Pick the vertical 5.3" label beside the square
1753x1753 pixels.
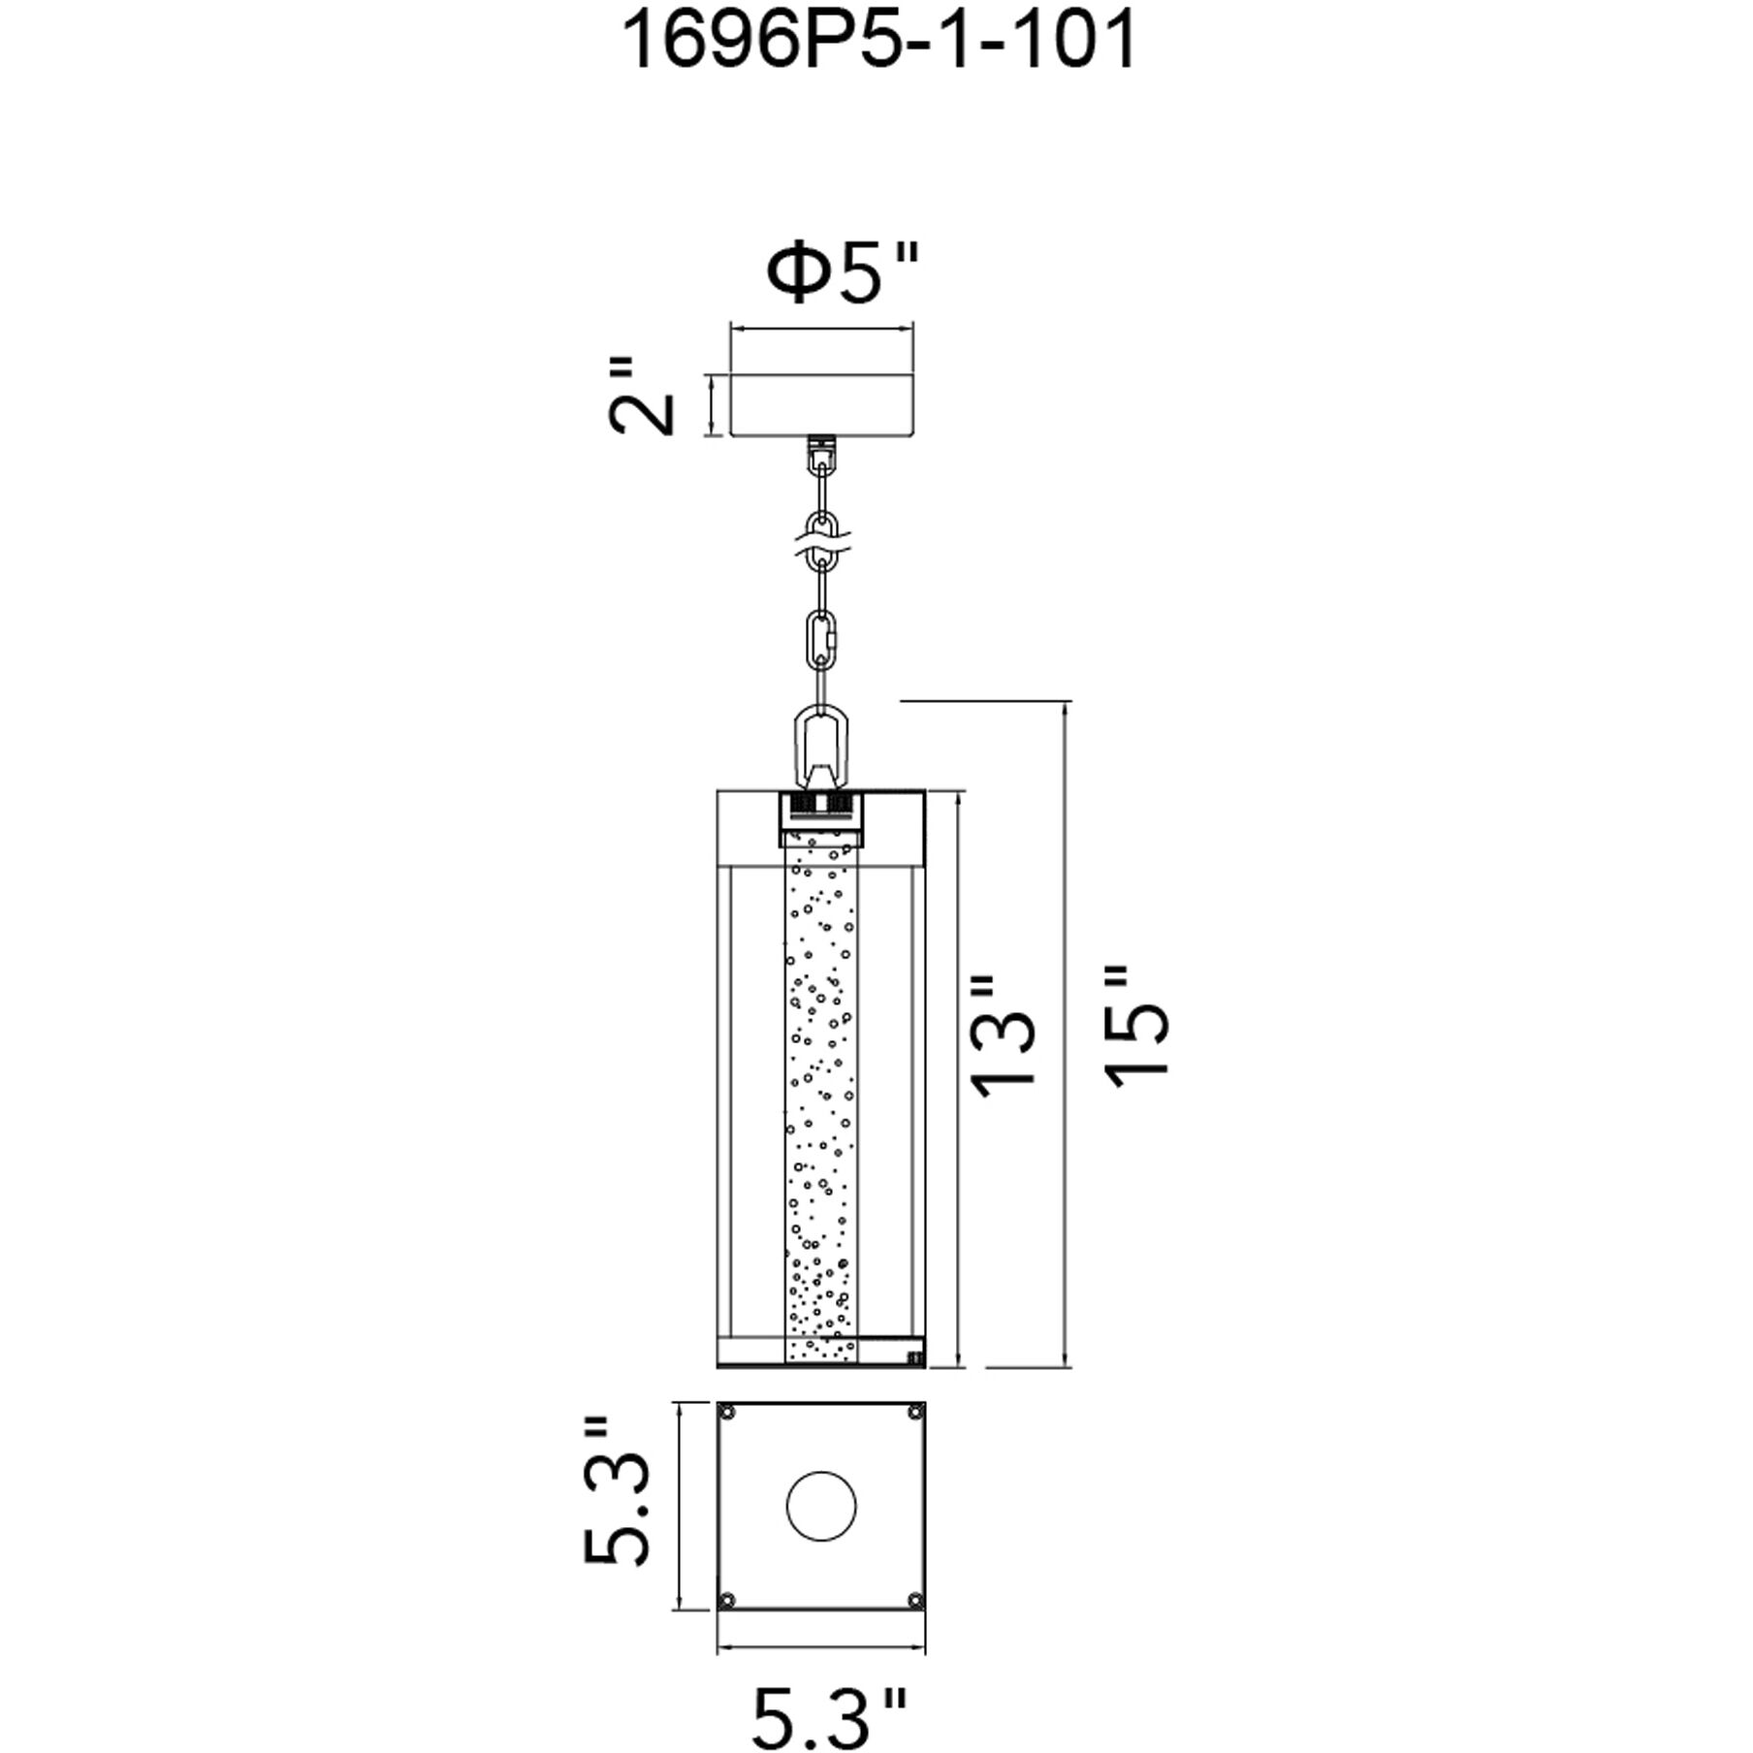[x=617, y=1519]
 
